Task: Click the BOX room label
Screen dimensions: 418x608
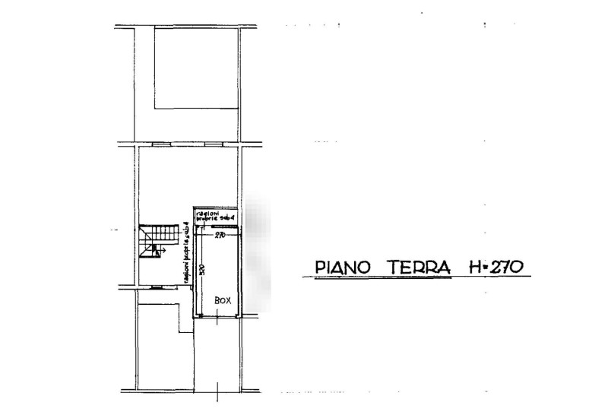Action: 223,301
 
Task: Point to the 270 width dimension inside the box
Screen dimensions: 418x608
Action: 220,236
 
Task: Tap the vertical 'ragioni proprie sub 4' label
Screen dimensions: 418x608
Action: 186,258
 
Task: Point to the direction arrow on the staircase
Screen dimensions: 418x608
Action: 163,248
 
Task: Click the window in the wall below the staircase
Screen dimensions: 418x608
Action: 156,287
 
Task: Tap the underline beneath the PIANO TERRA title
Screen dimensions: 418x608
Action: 410,277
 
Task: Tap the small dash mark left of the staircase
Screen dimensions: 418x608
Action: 115,229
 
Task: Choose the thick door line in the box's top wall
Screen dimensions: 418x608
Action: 223,226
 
